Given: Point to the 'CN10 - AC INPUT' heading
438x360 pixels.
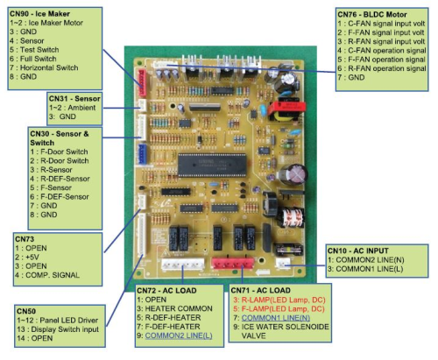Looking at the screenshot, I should pyautogui.click(x=356, y=251).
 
